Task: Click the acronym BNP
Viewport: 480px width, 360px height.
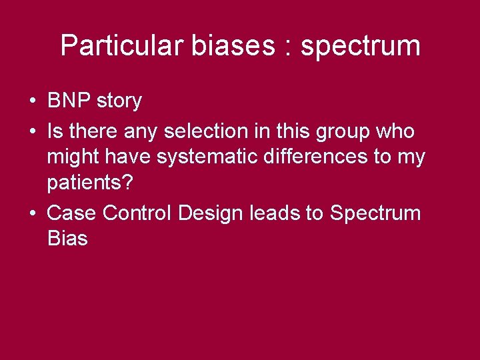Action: (x=70, y=101)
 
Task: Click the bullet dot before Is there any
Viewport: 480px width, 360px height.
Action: (x=32, y=132)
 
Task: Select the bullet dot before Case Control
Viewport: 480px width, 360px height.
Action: (x=32, y=214)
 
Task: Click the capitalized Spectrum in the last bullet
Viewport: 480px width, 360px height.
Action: (x=375, y=214)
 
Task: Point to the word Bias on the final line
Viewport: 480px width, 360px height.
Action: (x=67, y=239)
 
